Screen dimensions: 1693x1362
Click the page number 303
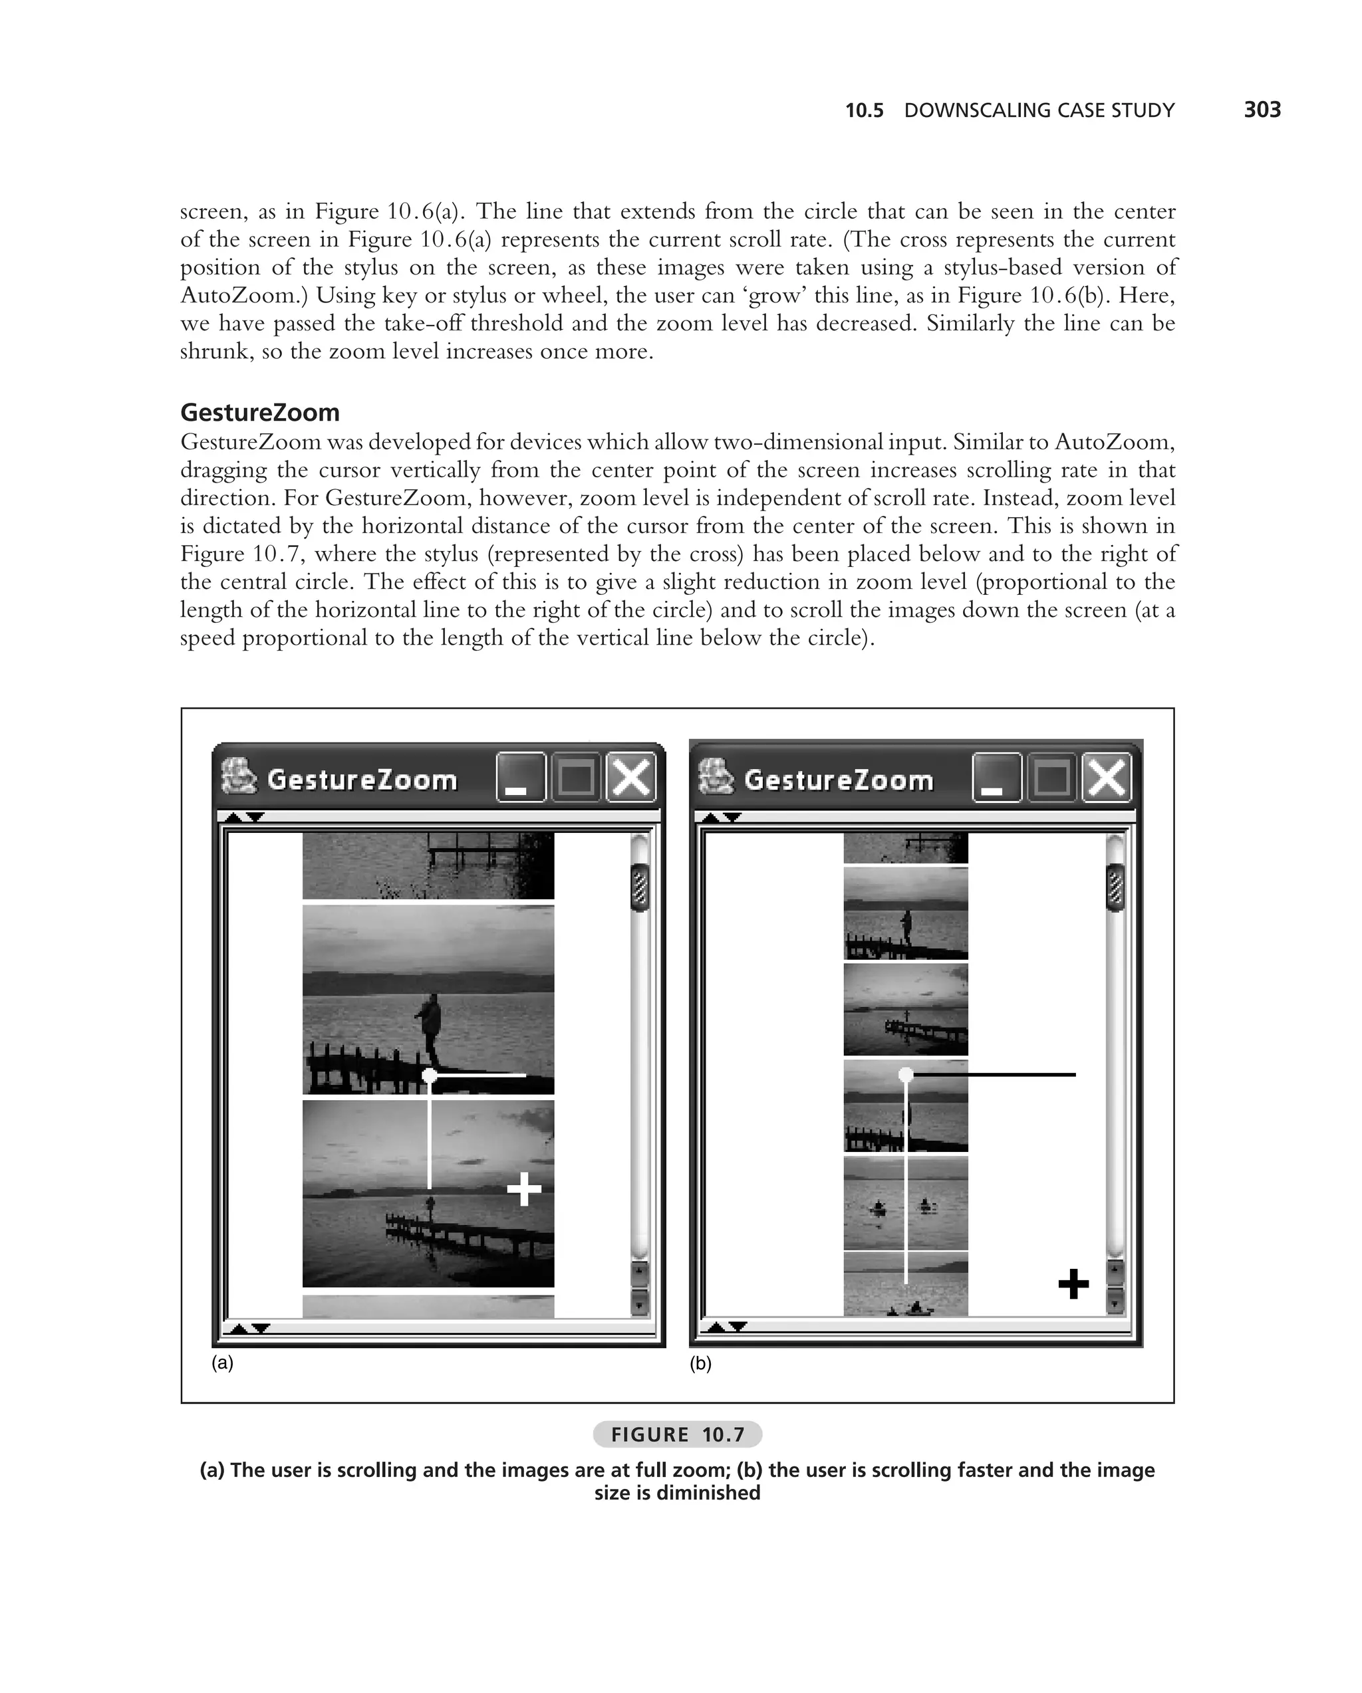click(1262, 109)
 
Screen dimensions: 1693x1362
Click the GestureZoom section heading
click(260, 412)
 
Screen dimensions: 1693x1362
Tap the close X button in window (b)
click(1107, 778)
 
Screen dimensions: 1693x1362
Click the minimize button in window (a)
click(520, 778)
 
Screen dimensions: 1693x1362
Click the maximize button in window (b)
click(1051, 778)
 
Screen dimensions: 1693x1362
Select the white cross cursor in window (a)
click(524, 1189)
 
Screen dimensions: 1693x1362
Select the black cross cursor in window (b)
click(1073, 1285)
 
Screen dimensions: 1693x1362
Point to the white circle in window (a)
click(430, 1075)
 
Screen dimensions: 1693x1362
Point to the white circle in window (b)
click(906, 1073)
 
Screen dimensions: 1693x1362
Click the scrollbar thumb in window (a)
click(640, 887)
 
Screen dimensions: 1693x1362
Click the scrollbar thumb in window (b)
click(1115, 887)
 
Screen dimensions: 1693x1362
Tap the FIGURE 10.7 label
click(677, 1434)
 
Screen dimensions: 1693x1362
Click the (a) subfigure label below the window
click(222, 1363)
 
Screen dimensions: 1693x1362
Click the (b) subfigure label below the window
click(700, 1364)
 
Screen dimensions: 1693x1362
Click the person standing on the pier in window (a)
click(430, 1025)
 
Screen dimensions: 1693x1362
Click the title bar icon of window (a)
click(239, 776)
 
